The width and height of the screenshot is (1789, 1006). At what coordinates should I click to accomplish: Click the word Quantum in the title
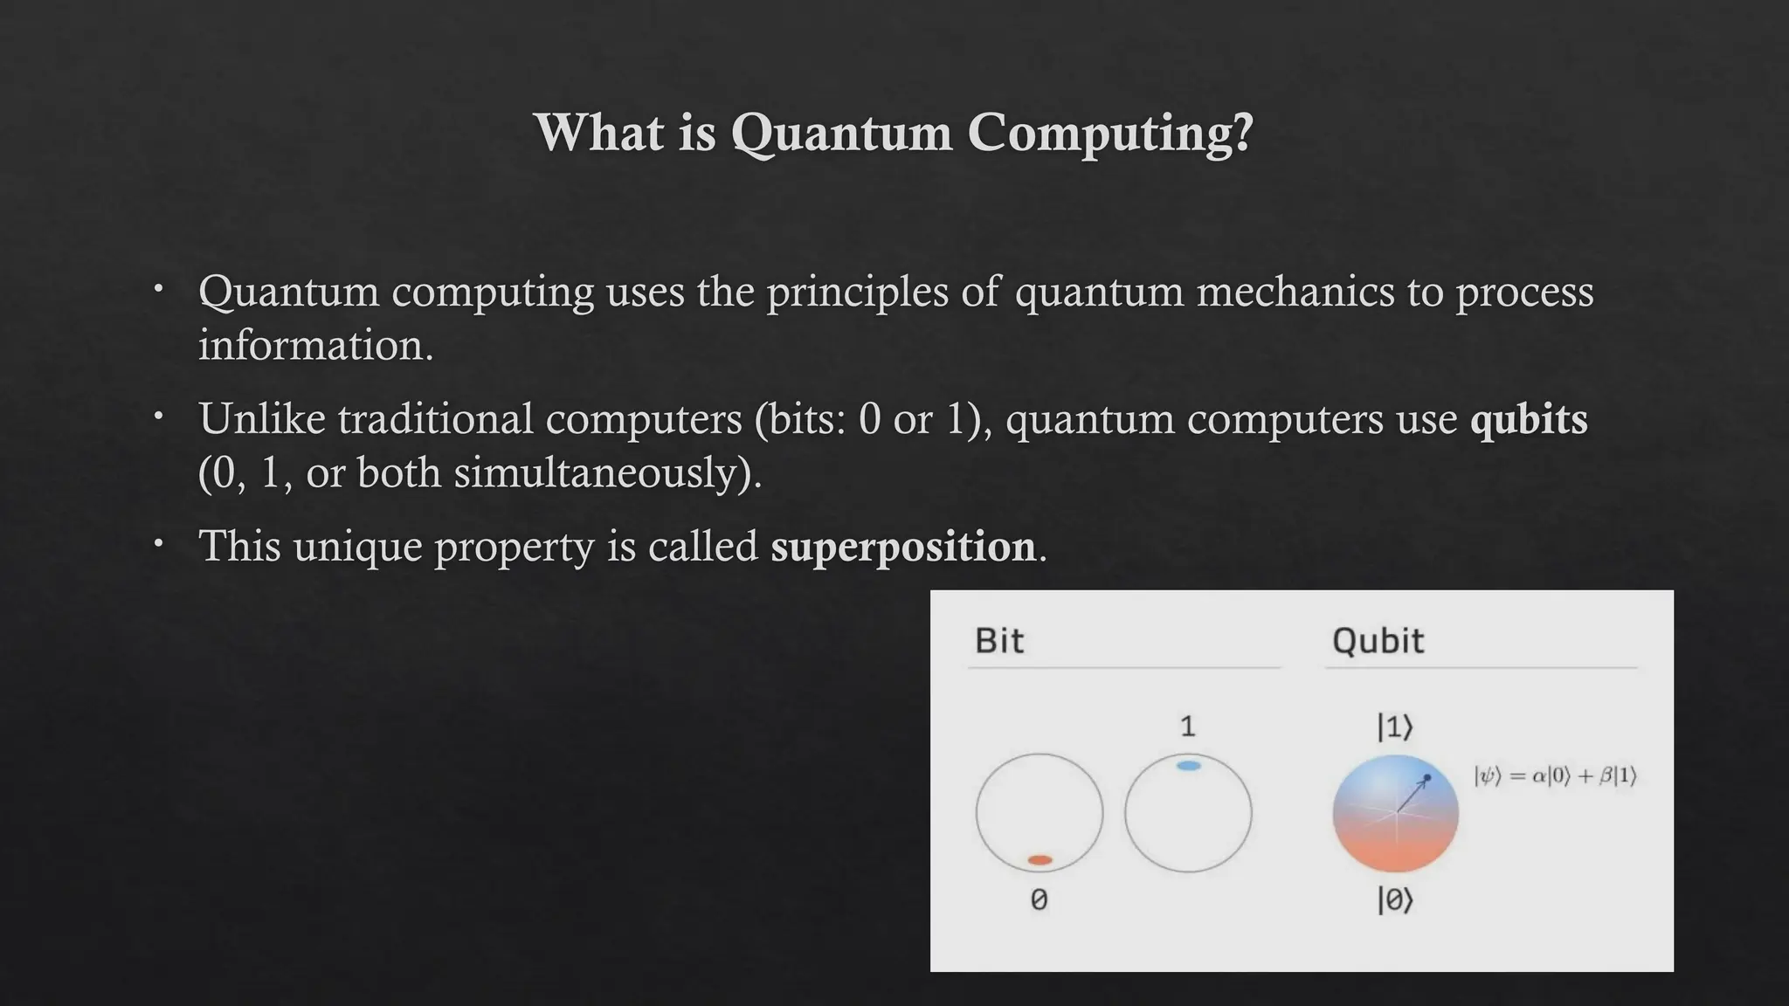[840, 134]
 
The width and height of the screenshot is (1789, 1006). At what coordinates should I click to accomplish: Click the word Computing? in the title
[1110, 134]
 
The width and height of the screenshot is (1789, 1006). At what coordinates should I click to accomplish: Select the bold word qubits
[1529, 419]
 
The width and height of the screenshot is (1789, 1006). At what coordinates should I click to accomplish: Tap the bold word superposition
[902, 547]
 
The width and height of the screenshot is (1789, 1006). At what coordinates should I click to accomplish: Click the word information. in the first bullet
[315, 346]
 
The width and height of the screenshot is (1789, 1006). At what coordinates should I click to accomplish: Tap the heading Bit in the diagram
[998, 641]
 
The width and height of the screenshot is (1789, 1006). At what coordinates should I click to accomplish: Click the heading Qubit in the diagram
[1378, 641]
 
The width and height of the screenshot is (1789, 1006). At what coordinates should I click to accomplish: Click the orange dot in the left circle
[1040, 860]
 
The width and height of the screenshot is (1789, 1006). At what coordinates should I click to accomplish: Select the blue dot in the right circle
[1188, 766]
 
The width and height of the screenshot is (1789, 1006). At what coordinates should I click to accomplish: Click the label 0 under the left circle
[1039, 899]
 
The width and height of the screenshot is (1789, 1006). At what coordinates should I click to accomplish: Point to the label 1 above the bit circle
[1187, 727]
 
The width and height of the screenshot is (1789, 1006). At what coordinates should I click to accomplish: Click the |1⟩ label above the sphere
[1395, 727]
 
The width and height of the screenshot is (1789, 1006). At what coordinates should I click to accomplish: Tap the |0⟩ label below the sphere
[1395, 899]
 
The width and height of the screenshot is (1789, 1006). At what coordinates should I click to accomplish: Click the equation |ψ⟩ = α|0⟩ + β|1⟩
[1555, 775]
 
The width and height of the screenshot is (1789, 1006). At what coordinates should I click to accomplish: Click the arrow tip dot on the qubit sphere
[1426, 777]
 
